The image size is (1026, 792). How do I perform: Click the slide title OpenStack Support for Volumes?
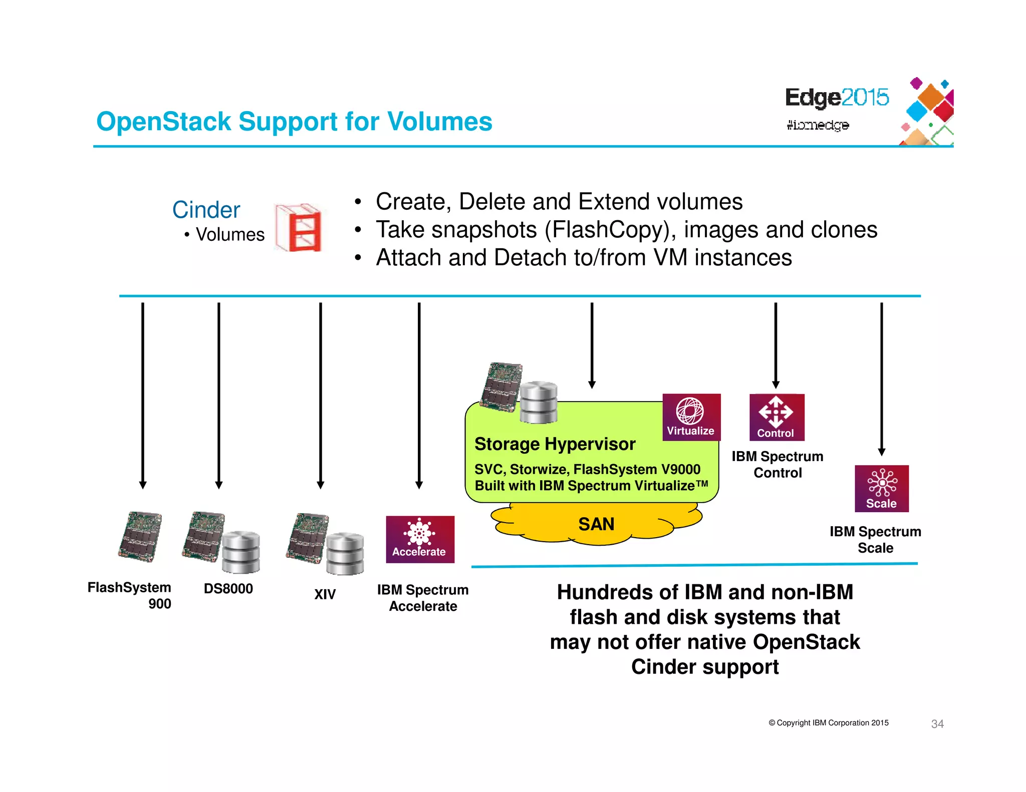(294, 122)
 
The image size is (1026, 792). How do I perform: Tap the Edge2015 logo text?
(836, 97)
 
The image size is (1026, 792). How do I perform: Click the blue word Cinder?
(206, 210)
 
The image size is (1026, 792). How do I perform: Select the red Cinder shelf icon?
(299, 228)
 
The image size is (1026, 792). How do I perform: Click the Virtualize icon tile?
(691, 417)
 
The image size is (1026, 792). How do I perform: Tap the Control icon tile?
(776, 417)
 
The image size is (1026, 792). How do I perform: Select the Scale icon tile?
(881, 488)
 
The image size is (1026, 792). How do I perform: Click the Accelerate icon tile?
(420, 539)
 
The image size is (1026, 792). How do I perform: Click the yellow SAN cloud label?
(596, 524)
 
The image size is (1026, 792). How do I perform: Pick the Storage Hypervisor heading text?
(555, 444)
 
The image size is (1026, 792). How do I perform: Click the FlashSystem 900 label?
(130, 595)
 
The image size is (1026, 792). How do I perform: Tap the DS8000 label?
(228, 588)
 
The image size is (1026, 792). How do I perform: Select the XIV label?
(325, 594)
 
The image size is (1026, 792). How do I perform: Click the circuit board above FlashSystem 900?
(140, 536)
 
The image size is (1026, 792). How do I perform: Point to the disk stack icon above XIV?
(345, 553)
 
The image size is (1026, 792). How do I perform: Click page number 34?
(937, 723)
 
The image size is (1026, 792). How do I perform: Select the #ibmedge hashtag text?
(817, 125)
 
